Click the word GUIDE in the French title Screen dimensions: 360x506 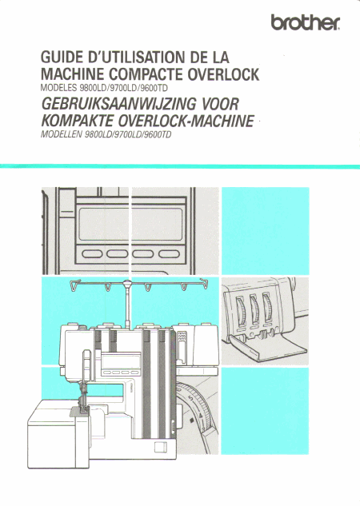click(x=62, y=58)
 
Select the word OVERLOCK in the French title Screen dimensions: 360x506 click(x=223, y=74)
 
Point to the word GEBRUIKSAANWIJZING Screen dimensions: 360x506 click(x=118, y=104)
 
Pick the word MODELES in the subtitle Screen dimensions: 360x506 click(x=58, y=88)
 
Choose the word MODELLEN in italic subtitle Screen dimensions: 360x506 click(x=61, y=134)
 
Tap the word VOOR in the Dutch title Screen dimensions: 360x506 click(x=220, y=104)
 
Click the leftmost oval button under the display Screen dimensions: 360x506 click(x=92, y=253)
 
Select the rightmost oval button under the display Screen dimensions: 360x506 click(x=169, y=253)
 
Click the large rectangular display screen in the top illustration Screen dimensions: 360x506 click(x=130, y=225)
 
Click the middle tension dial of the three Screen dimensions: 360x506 click(x=254, y=309)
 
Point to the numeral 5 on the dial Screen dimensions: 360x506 click(x=191, y=399)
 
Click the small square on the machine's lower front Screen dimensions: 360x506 click(x=160, y=448)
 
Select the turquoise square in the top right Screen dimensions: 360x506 click(x=265, y=231)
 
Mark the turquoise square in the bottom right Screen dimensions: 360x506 click(x=265, y=411)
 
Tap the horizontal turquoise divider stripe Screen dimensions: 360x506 click(x=180, y=166)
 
